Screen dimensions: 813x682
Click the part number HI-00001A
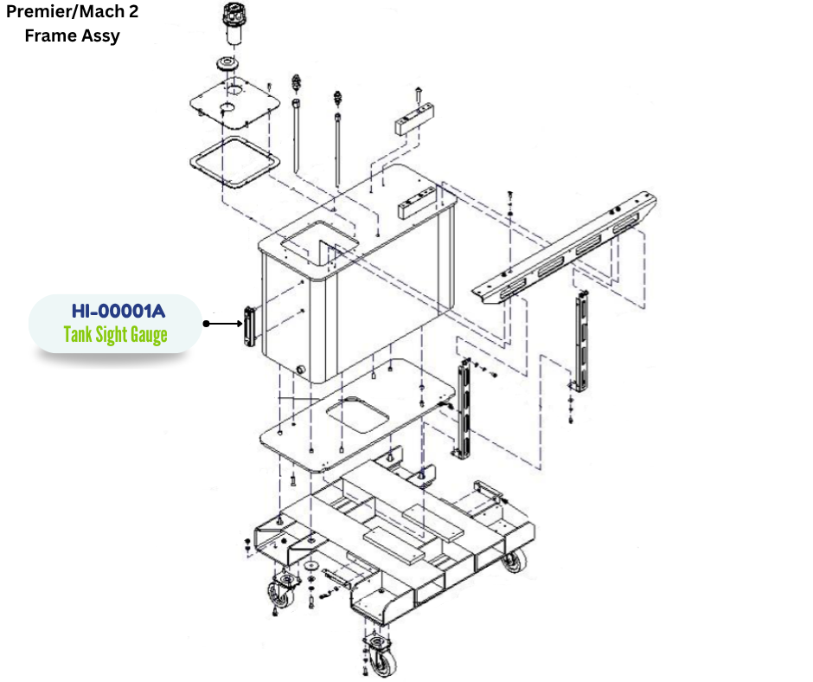[118, 311]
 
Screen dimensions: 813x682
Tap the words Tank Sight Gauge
[116, 335]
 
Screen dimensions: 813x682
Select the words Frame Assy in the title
[72, 35]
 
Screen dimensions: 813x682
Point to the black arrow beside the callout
[223, 324]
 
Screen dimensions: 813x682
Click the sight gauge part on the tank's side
[250, 326]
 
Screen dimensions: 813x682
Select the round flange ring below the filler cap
[228, 64]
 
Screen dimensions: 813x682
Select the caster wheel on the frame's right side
[514, 562]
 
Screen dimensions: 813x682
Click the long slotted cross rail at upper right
[565, 247]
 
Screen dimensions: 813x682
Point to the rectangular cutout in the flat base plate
[358, 415]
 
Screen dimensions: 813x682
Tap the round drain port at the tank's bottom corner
[300, 369]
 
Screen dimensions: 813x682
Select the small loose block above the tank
[414, 121]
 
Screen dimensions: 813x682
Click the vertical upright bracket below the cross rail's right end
[582, 342]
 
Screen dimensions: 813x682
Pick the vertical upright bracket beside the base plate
[464, 410]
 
